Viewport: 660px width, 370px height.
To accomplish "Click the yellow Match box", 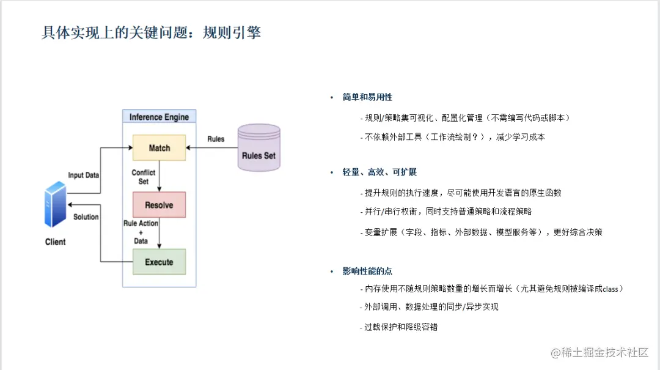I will point(159,148).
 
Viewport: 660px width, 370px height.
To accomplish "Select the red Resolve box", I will point(159,205).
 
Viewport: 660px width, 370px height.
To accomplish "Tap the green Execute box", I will point(159,262).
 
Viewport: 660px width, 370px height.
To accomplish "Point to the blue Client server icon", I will point(55,204).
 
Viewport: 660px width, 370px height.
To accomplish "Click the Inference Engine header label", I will point(159,117).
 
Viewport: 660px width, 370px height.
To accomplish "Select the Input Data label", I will point(83,176).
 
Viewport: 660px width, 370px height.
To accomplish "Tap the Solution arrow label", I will point(86,217).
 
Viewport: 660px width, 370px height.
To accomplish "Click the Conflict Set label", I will point(144,177).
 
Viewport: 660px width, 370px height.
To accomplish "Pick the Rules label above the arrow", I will point(216,139).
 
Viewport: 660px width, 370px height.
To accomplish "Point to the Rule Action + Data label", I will point(141,232).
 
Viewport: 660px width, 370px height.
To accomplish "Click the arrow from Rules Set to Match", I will point(211,148).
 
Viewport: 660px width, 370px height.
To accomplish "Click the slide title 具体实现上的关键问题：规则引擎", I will point(151,32).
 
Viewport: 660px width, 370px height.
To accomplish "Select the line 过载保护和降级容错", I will point(401,327).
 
